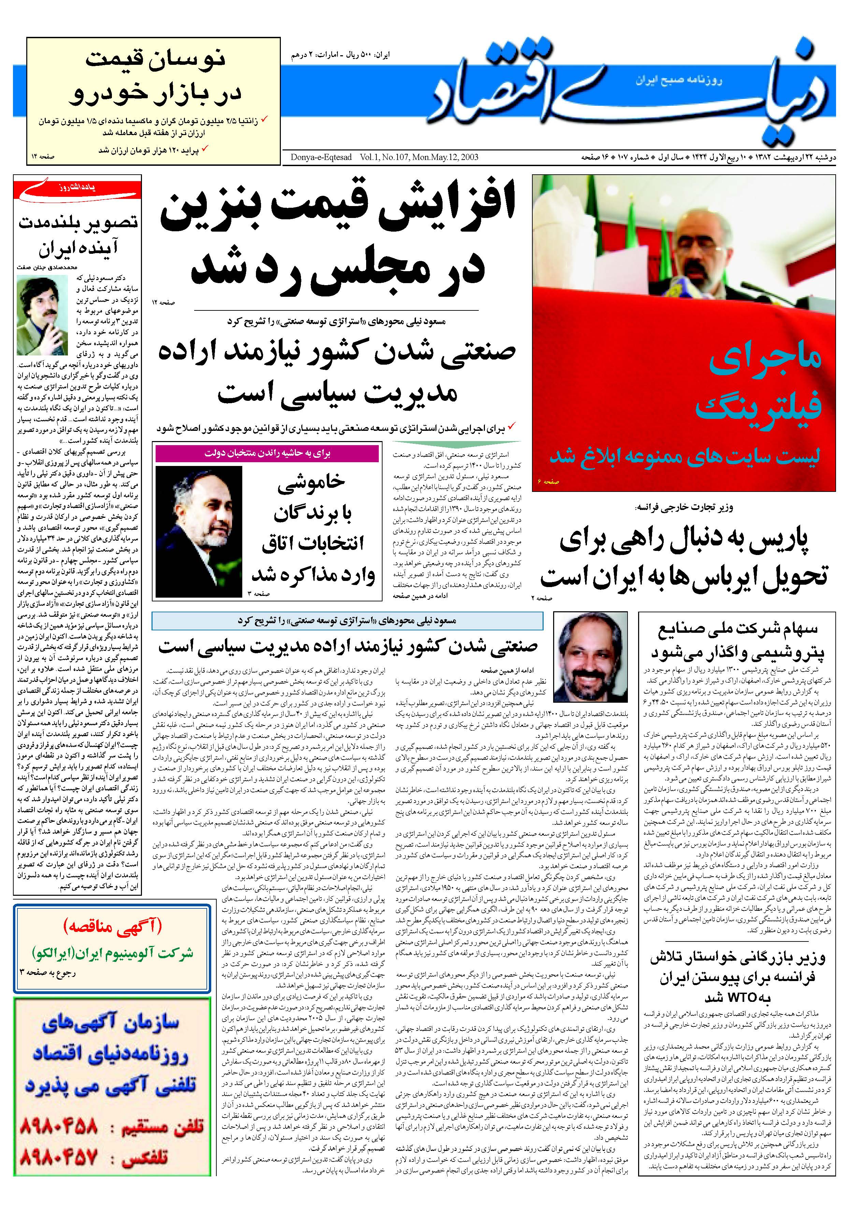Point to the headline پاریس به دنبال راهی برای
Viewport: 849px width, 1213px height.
687,542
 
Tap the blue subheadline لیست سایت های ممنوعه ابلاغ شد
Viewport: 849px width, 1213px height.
685,457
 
